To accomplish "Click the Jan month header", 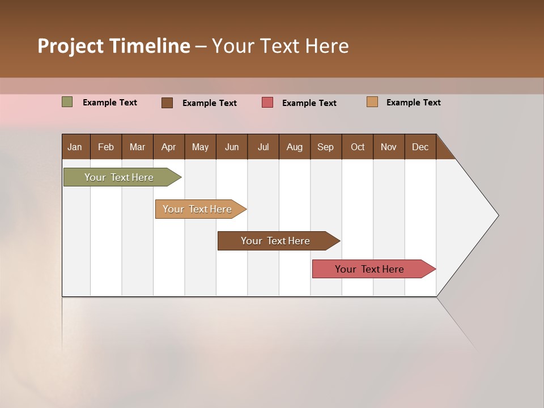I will pyautogui.click(x=75, y=147).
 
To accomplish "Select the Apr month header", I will pyautogui.click(x=169, y=147).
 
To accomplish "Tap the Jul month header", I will pyautogui.click(x=263, y=147).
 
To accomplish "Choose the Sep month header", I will pyautogui.click(x=326, y=147).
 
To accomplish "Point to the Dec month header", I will pyautogui.click(x=420, y=147).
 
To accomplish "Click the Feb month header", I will pyautogui.click(x=106, y=147).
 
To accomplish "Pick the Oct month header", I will pyautogui.click(x=357, y=147).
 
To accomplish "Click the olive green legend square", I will pyautogui.click(x=67, y=102).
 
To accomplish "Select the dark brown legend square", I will pyautogui.click(x=167, y=103).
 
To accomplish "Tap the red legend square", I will pyautogui.click(x=267, y=103).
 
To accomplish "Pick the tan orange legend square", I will pyautogui.click(x=372, y=102).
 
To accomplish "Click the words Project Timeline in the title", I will pyautogui.click(x=114, y=46).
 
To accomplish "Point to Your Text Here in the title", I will pyautogui.click(x=280, y=46).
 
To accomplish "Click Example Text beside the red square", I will pyautogui.click(x=309, y=103).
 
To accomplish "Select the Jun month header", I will pyautogui.click(x=232, y=147).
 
